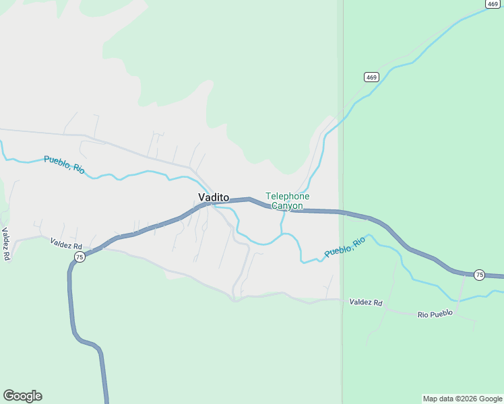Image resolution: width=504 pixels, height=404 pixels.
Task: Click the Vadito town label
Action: pyautogui.click(x=214, y=197)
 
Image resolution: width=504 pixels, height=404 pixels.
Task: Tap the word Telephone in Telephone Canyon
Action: pyautogui.click(x=288, y=196)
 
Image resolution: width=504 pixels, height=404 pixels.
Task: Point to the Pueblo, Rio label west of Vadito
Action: pyautogui.click(x=64, y=164)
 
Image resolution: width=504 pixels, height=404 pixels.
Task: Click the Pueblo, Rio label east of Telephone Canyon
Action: pyautogui.click(x=344, y=246)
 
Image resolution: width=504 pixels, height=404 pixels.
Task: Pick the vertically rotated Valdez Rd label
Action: pyautogui.click(x=5, y=244)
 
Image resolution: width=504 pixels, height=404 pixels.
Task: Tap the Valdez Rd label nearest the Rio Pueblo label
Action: pyautogui.click(x=366, y=303)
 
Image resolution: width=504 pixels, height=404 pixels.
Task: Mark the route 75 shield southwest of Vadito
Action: pyautogui.click(x=80, y=257)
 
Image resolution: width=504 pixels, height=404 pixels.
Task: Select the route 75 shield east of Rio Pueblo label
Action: pyautogui.click(x=479, y=274)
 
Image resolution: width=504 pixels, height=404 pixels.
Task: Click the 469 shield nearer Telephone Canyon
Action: pyautogui.click(x=372, y=77)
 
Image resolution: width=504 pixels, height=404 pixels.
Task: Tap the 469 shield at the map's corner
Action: pyautogui.click(x=492, y=4)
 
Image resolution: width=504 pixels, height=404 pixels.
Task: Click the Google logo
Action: pyautogui.click(x=22, y=396)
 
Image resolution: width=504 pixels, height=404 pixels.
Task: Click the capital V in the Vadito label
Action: pyautogui.click(x=201, y=197)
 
